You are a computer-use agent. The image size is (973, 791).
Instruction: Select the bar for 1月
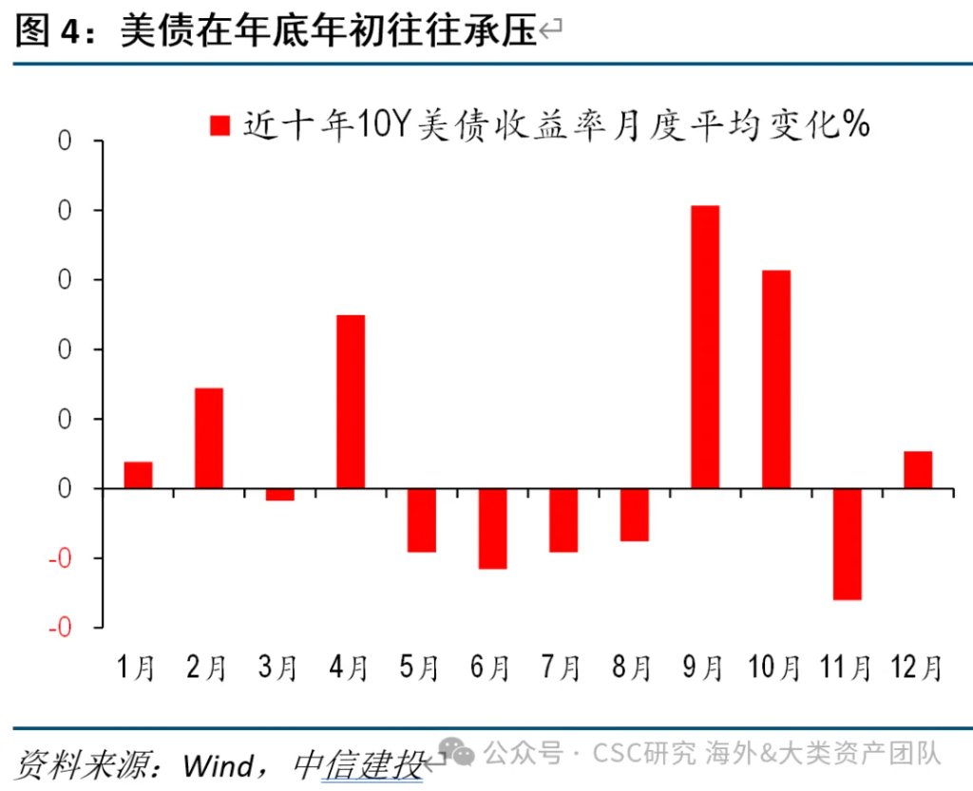pyautogui.click(x=138, y=475)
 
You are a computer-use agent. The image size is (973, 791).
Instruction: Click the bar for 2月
pyautogui.click(x=209, y=438)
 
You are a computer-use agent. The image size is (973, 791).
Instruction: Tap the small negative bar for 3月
pyautogui.click(x=279, y=494)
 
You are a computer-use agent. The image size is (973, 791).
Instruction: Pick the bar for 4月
pyautogui.click(x=351, y=401)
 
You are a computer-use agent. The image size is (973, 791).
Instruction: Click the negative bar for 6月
pyautogui.click(x=492, y=528)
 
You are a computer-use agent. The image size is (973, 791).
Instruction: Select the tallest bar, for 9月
pyautogui.click(x=705, y=347)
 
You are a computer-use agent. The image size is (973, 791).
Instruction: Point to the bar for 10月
pyautogui.click(x=775, y=379)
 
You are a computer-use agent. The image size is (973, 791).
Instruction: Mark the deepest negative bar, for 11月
pyautogui.click(x=847, y=543)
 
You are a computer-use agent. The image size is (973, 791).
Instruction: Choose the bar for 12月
pyautogui.click(x=917, y=469)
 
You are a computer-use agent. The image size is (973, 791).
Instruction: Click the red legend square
pyautogui.click(x=220, y=125)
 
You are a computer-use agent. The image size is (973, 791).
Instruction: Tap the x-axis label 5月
pyautogui.click(x=419, y=668)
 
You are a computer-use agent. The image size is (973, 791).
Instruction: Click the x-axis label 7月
pyautogui.click(x=561, y=668)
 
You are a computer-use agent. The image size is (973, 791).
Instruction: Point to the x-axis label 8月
pyautogui.click(x=632, y=668)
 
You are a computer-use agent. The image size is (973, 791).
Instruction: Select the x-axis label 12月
pyautogui.click(x=917, y=668)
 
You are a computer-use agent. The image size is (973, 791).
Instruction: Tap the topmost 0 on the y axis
pyautogui.click(x=65, y=141)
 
